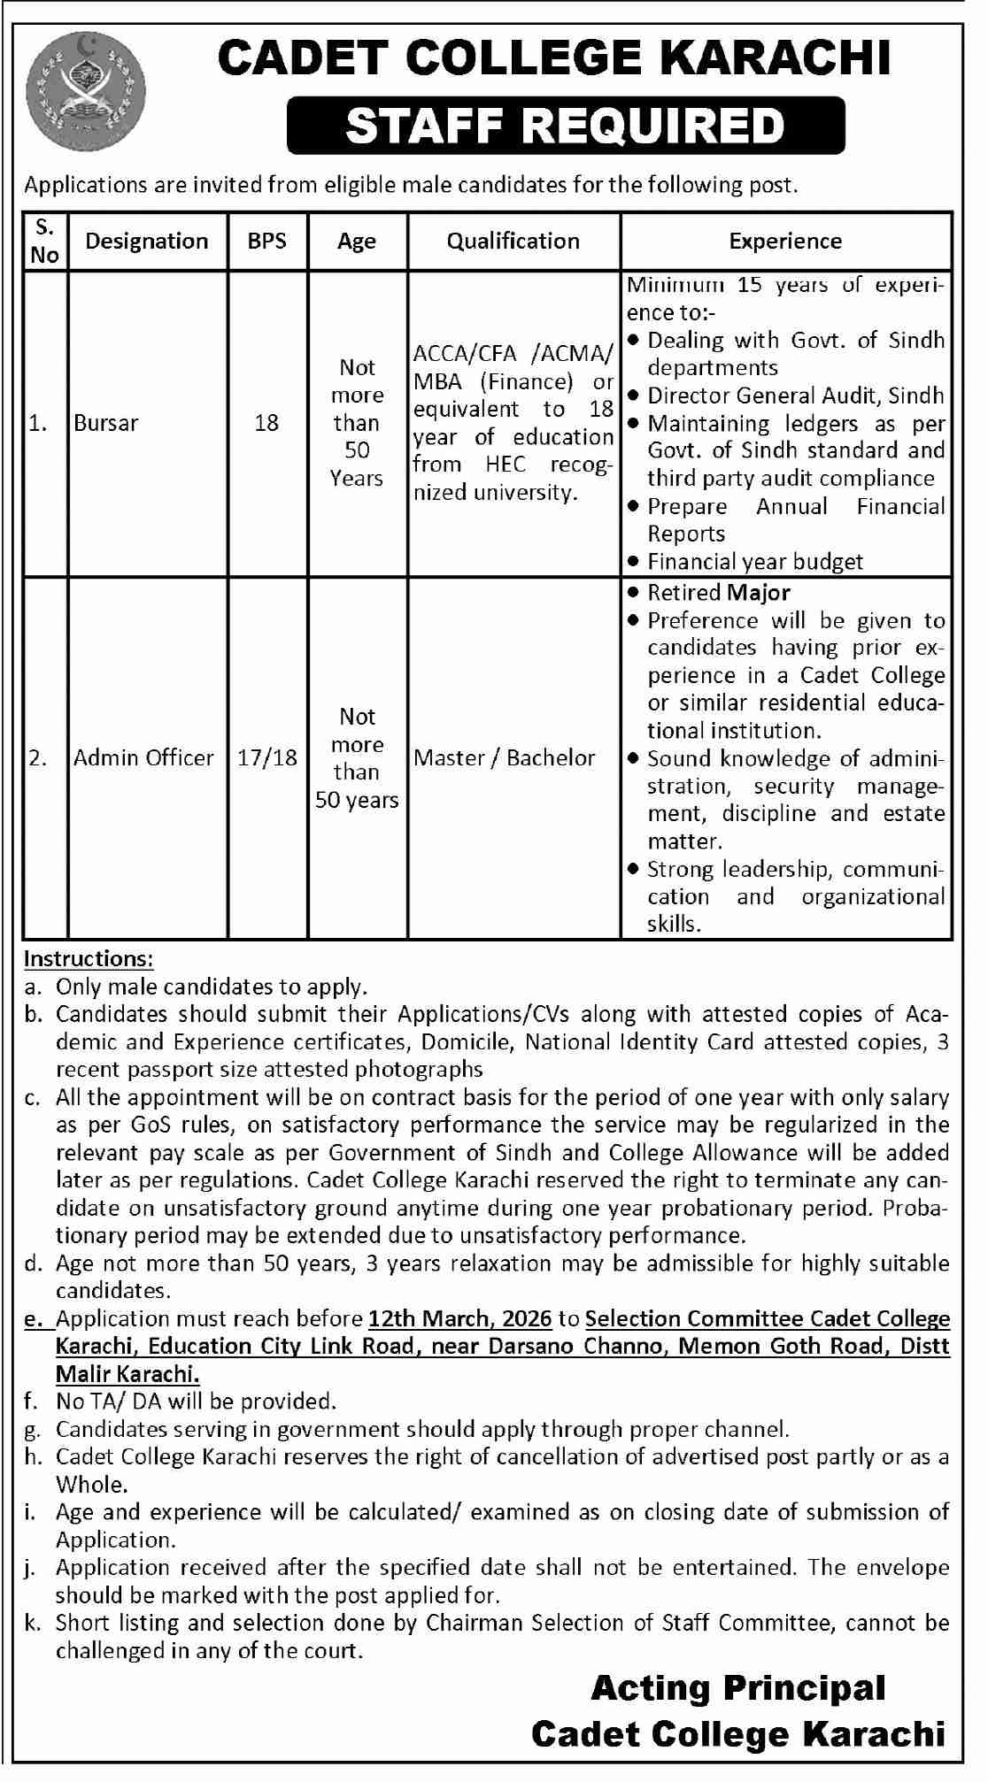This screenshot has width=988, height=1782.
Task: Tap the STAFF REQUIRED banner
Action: point(565,125)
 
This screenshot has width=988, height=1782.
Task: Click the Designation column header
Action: point(147,241)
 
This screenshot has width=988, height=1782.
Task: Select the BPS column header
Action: point(267,241)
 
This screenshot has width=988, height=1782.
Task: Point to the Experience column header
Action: point(785,241)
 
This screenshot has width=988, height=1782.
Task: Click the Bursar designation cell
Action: point(106,423)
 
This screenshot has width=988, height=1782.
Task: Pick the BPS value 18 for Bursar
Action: point(266,423)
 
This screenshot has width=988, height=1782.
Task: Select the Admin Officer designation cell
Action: point(143,757)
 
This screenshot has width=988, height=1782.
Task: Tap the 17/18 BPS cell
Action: point(267,757)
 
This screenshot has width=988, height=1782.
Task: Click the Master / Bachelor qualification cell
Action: point(505,757)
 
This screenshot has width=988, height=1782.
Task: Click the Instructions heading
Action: point(89,958)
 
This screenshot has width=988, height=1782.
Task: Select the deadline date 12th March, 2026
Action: point(459,1318)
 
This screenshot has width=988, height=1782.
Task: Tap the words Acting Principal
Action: point(737,1689)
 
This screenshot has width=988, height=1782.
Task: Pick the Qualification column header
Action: point(513,241)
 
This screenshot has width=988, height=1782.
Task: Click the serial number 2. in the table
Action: point(37,757)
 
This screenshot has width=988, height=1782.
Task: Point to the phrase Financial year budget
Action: point(755,561)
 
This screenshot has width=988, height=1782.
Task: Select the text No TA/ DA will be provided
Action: point(196,1401)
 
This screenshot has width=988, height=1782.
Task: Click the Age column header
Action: point(357,241)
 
